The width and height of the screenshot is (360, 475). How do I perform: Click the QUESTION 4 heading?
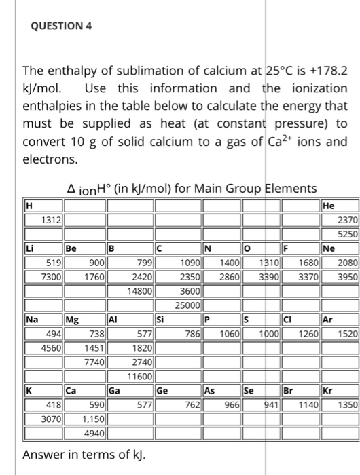[61, 26]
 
